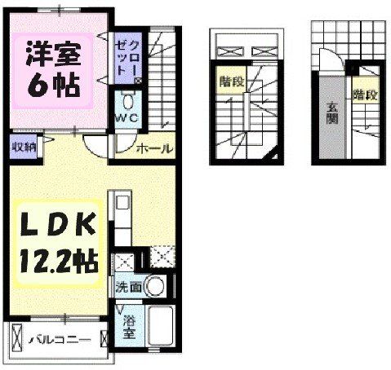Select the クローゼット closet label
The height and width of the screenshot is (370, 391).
click(127, 55)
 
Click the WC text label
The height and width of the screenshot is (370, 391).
click(127, 120)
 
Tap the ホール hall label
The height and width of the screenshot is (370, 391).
click(153, 148)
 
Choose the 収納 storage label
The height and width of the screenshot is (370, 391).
click(22, 148)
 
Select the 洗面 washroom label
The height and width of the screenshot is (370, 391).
click(130, 287)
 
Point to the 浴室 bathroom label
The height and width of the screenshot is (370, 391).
click(129, 327)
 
